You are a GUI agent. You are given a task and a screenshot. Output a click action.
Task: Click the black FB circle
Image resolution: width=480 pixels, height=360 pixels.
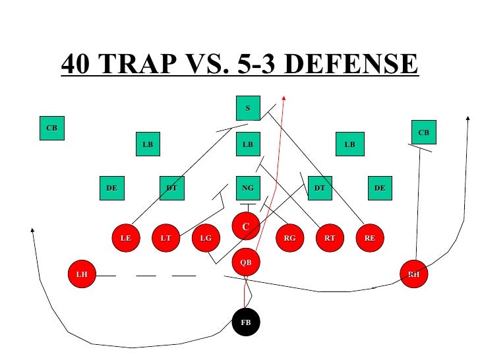click(x=247, y=322)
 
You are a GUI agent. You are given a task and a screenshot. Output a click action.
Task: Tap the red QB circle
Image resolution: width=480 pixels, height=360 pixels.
click(x=245, y=262)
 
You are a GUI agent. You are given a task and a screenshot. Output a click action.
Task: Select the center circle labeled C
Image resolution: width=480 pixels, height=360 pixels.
click(x=246, y=227)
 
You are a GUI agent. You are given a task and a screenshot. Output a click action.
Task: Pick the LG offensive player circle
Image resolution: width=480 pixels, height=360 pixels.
click(x=206, y=239)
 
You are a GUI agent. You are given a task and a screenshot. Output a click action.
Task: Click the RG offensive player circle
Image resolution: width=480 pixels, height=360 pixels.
click(x=289, y=239)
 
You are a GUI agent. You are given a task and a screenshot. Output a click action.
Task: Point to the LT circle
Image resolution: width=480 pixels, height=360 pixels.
click(x=165, y=239)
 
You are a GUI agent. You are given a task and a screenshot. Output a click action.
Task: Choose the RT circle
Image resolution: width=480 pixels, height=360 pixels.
click(x=329, y=239)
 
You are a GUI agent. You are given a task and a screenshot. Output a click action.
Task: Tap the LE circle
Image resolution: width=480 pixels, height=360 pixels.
click(x=125, y=239)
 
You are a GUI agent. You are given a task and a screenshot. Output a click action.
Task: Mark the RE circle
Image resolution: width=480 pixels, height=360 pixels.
click(x=369, y=239)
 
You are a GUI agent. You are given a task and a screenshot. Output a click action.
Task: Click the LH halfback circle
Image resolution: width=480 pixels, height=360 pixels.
click(x=82, y=274)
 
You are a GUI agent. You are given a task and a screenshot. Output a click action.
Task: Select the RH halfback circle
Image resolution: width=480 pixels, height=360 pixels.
click(x=414, y=274)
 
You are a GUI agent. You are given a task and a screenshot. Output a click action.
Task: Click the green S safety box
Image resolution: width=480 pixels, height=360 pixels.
click(x=248, y=108)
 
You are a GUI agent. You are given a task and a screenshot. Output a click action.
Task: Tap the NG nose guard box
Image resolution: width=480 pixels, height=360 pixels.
click(x=248, y=188)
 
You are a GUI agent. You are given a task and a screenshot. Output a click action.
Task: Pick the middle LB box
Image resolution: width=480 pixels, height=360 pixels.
click(x=248, y=144)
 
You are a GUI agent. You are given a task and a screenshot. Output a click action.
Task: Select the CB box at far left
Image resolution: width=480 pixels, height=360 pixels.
click(x=51, y=128)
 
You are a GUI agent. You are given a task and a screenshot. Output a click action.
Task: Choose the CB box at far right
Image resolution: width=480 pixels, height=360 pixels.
click(x=424, y=133)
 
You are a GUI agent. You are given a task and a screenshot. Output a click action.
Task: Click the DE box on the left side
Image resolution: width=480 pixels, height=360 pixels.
click(x=111, y=188)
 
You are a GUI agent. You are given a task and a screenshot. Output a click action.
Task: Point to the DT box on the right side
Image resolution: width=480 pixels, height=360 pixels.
click(x=320, y=188)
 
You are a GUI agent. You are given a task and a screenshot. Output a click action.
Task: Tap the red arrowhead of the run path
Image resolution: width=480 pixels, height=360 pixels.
click(x=284, y=98)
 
